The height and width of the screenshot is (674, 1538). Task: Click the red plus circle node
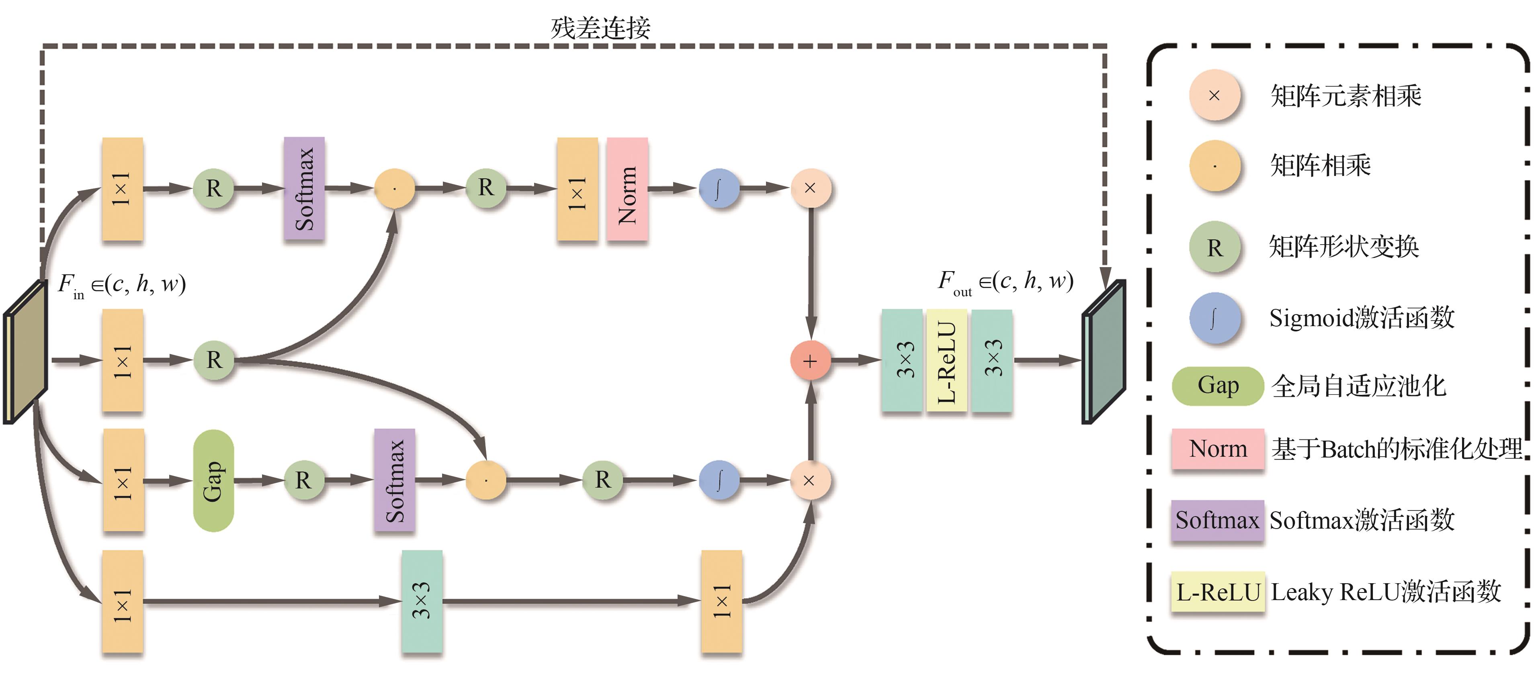click(x=810, y=361)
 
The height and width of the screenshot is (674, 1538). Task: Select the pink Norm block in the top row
click(x=627, y=189)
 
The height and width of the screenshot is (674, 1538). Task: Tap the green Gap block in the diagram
click(x=213, y=480)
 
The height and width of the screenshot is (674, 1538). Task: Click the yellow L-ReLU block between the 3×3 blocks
click(x=946, y=361)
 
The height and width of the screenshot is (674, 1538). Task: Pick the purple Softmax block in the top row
click(x=304, y=189)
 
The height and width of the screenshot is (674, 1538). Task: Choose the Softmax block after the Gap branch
click(x=395, y=480)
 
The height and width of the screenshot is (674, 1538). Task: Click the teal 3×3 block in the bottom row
click(x=422, y=600)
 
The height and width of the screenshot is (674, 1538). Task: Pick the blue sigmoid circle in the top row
click(x=719, y=189)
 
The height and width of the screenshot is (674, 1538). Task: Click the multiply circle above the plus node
click(x=810, y=189)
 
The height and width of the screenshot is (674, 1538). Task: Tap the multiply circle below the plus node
click(x=810, y=480)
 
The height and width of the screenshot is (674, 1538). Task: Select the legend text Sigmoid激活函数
click(x=1361, y=318)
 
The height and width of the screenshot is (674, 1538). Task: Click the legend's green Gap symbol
click(x=1217, y=386)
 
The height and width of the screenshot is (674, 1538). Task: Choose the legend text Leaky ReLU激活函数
click(x=1385, y=592)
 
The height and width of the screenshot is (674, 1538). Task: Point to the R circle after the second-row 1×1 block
click(x=213, y=360)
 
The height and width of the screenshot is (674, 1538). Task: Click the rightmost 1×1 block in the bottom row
click(x=721, y=600)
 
